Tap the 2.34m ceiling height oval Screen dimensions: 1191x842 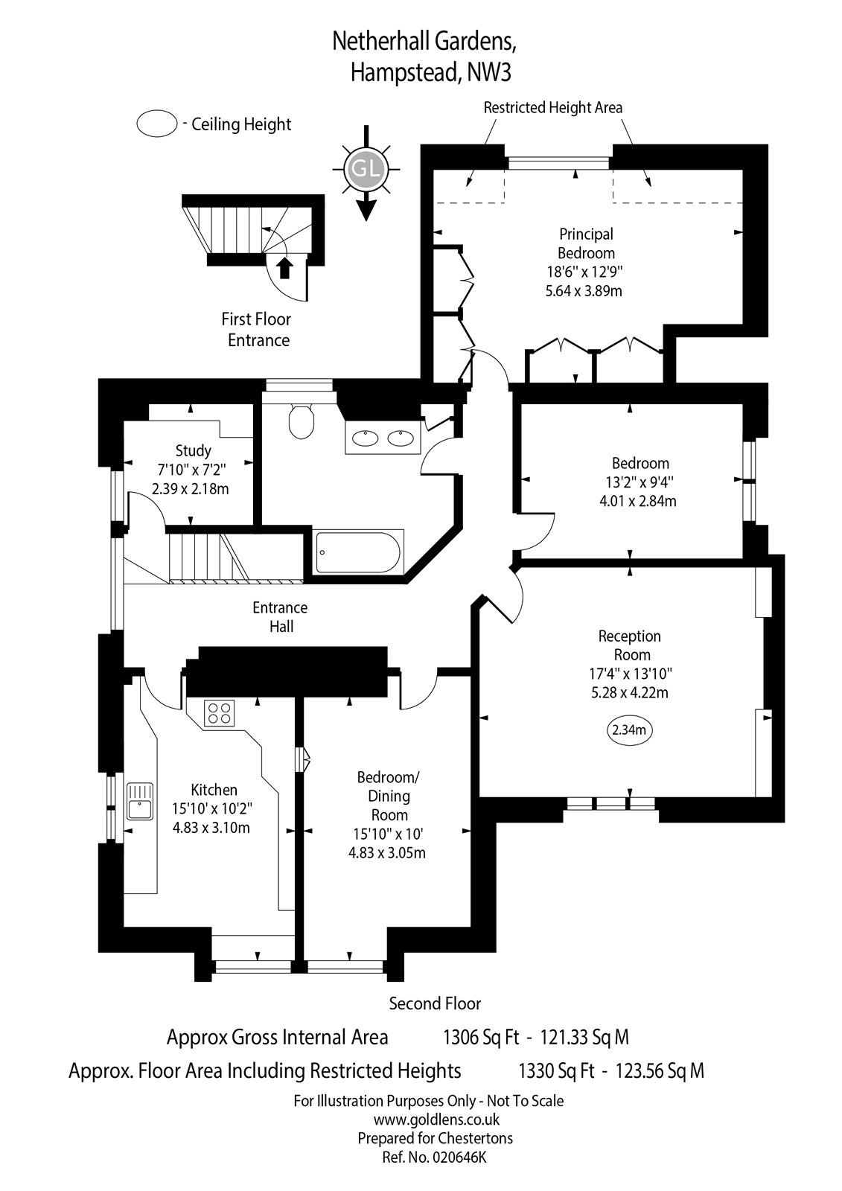[630, 730]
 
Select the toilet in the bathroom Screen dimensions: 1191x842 [302, 421]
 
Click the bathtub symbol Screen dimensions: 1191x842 [358, 552]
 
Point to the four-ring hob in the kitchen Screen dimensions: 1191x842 [220, 712]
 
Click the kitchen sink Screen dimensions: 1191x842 [139, 800]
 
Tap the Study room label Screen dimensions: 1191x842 [194, 450]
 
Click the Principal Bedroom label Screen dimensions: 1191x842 [587, 243]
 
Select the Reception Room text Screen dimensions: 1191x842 [630, 645]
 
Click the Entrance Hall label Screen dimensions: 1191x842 [280, 617]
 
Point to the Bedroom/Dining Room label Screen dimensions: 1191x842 [389, 796]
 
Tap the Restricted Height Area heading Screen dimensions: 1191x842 [552, 107]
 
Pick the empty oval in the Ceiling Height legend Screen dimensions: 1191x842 [156, 124]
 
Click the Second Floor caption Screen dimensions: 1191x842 [435, 1003]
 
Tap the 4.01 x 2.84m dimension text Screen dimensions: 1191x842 [637, 501]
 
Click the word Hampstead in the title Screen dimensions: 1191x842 [399, 72]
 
